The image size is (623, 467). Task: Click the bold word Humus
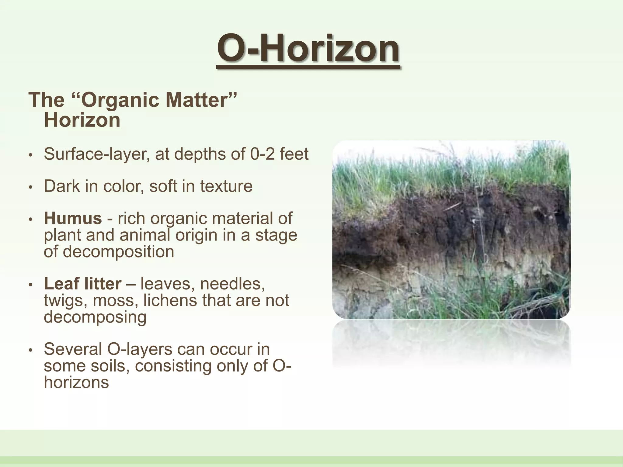click(x=73, y=218)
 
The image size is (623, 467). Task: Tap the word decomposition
click(x=109, y=252)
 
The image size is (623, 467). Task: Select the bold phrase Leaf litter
click(x=82, y=284)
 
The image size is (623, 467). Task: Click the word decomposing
click(x=95, y=317)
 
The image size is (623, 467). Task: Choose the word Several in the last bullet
click(x=73, y=349)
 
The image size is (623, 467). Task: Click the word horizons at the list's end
click(x=76, y=382)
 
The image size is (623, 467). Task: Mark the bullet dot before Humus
click(x=30, y=220)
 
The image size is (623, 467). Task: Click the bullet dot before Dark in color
click(x=30, y=187)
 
